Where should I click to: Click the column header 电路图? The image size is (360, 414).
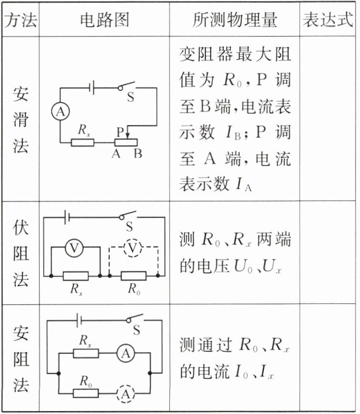(104, 20)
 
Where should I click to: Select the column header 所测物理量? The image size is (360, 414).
(235, 20)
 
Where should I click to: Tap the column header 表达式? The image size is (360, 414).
(328, 20)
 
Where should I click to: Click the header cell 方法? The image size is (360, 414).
(21, 20)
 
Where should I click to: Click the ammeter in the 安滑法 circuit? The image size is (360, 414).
(60, 113)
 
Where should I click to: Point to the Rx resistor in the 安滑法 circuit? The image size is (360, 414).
(83, 142)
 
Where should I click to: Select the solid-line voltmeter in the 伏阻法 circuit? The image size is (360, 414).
(74, 250)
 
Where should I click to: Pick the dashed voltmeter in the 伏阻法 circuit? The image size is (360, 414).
(131, 250)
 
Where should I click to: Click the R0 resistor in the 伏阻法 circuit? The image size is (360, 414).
(133, 276)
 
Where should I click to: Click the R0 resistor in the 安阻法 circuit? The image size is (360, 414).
(86, 392)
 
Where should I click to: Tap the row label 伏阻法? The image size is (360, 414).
(21, 254)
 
